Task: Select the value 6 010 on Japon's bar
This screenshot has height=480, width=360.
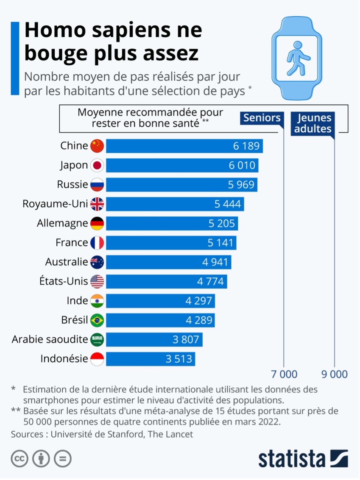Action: (243, 165)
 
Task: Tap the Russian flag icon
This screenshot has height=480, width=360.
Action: (97, 185)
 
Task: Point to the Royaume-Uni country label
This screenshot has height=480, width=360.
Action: (56, 204)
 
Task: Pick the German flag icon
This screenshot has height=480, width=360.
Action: (97, 223)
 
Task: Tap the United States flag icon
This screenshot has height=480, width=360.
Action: (97, 281)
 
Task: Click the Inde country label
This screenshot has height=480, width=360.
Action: (77, 301)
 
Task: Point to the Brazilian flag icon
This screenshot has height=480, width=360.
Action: (97, 320)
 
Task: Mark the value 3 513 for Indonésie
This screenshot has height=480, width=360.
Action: (179, 359)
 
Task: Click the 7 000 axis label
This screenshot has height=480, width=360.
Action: (284, 374)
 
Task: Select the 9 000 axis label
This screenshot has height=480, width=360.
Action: (334, 374)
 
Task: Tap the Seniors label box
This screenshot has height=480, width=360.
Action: (262, 118)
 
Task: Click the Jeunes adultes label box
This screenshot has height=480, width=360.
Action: (313, 123)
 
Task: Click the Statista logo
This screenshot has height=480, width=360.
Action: (303, 459)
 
